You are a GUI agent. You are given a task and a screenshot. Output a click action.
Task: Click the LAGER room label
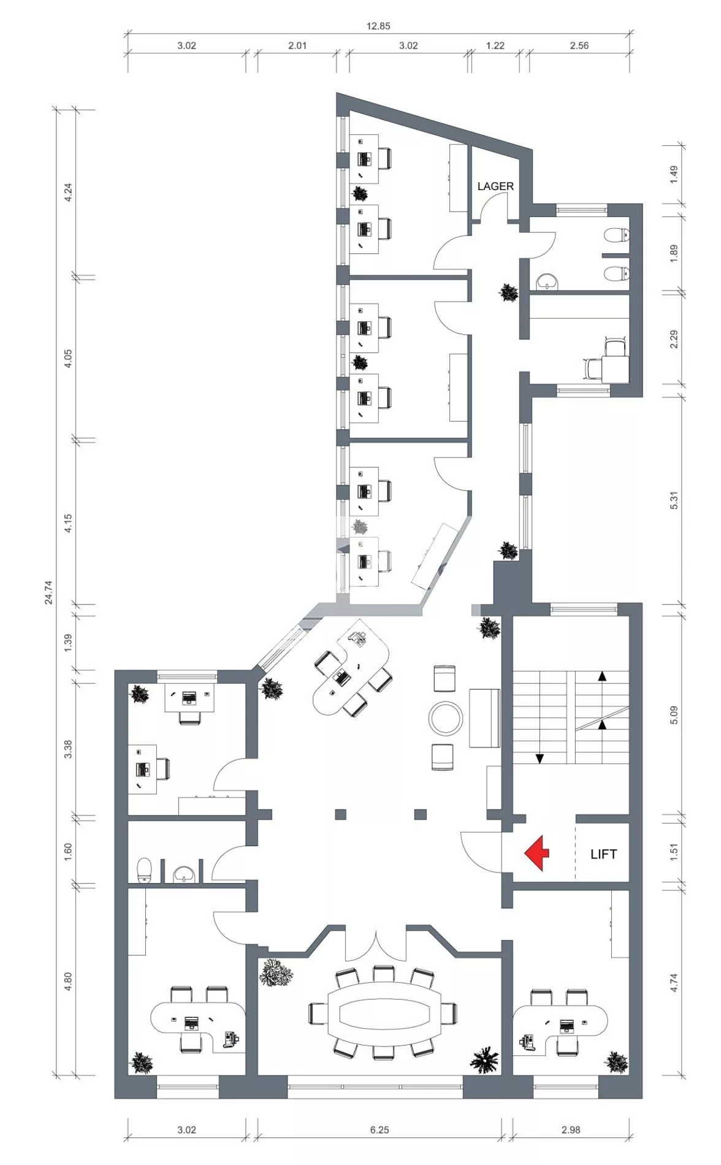tap(495, 186)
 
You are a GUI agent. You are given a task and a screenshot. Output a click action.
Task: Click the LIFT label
tap(603, 854)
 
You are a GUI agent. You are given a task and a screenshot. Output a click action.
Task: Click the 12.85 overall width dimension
tap(378, 26)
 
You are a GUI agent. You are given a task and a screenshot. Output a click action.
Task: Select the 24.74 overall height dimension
tap(48, 593)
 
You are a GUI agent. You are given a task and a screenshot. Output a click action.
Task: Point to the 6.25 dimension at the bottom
tap(380, 1129)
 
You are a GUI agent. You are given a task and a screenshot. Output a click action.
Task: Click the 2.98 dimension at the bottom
tap(571, 1129)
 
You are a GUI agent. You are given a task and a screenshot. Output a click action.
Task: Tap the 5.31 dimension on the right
tap(674, 500)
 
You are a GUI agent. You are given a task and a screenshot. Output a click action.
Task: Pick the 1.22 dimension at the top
tap(495, 45)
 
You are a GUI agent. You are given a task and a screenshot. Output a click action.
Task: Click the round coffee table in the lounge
tap(446, 717)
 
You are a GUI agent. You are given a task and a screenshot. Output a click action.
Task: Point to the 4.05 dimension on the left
tap(68, 359)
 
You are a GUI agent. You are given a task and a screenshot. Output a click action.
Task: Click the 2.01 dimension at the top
tap(297, 45)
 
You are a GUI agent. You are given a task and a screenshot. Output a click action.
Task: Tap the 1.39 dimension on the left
tap(68, 642)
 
